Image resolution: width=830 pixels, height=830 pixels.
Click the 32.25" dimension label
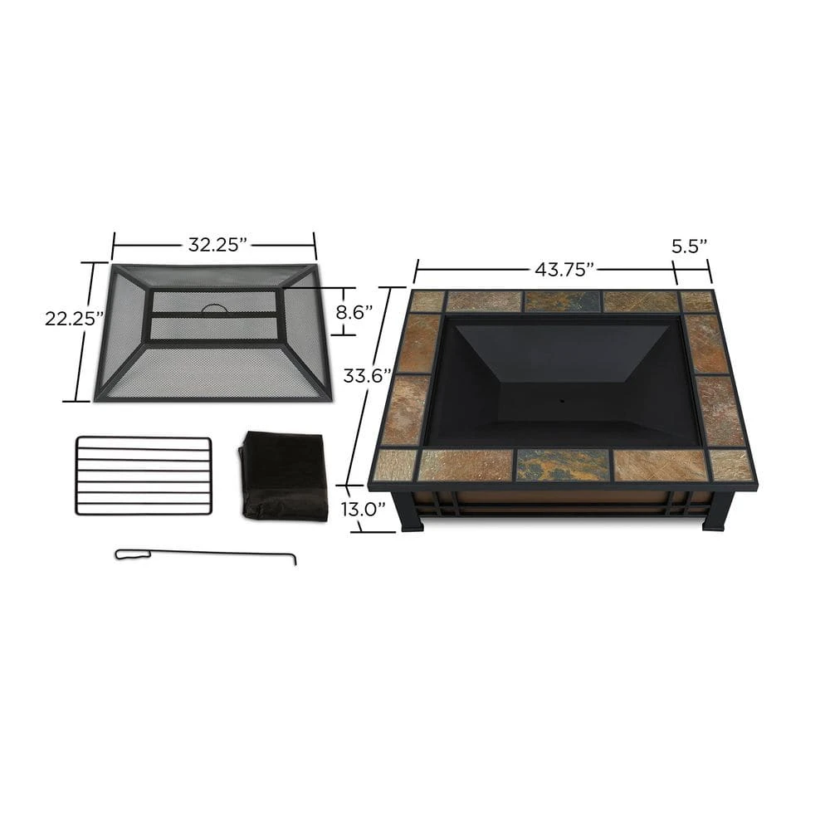click(x=217, y=245)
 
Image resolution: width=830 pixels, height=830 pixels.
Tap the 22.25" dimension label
click(x=74, y=319)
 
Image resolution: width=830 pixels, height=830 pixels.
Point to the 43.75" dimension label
click(x=564, y=270)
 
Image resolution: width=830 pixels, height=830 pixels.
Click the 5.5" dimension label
click(x=690, y=247)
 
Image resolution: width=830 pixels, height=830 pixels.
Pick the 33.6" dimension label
click(x=367, y=376)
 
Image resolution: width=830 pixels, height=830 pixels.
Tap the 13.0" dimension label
click(x=363, y=510)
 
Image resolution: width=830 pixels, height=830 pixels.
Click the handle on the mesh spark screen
click(x=214, y=308)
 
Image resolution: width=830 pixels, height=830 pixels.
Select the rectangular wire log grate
click(x=144, y=476)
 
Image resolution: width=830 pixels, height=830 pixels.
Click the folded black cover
click(x=283, y=475)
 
